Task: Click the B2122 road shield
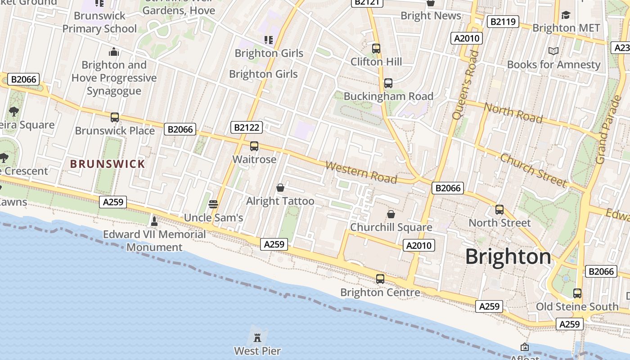(x=247, y=127)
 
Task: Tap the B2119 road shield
(x=504, y=21)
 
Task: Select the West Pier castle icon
(x=257, y=337)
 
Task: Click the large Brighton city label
(x=508, y=256)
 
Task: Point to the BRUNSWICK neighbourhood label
(x=108, y=164)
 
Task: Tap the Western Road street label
(x=361, y=172)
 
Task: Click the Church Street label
(x=533, y=170)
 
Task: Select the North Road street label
(x=513, y=112)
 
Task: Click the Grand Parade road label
(x=607, y=129)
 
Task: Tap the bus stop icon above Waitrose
(x=254, y=146)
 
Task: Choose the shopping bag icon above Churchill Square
(x=391, y=214)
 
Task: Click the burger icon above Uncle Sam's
(x=213, y=204)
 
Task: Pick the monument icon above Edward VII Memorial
(x=154, y=221)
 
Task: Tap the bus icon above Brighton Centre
(x=380, y=279)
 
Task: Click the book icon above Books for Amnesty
(x=553, y=51)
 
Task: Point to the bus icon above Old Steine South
(x=577, y=293)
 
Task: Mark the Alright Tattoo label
(x=280, y=201)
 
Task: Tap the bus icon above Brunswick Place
(x=115, y=117)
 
